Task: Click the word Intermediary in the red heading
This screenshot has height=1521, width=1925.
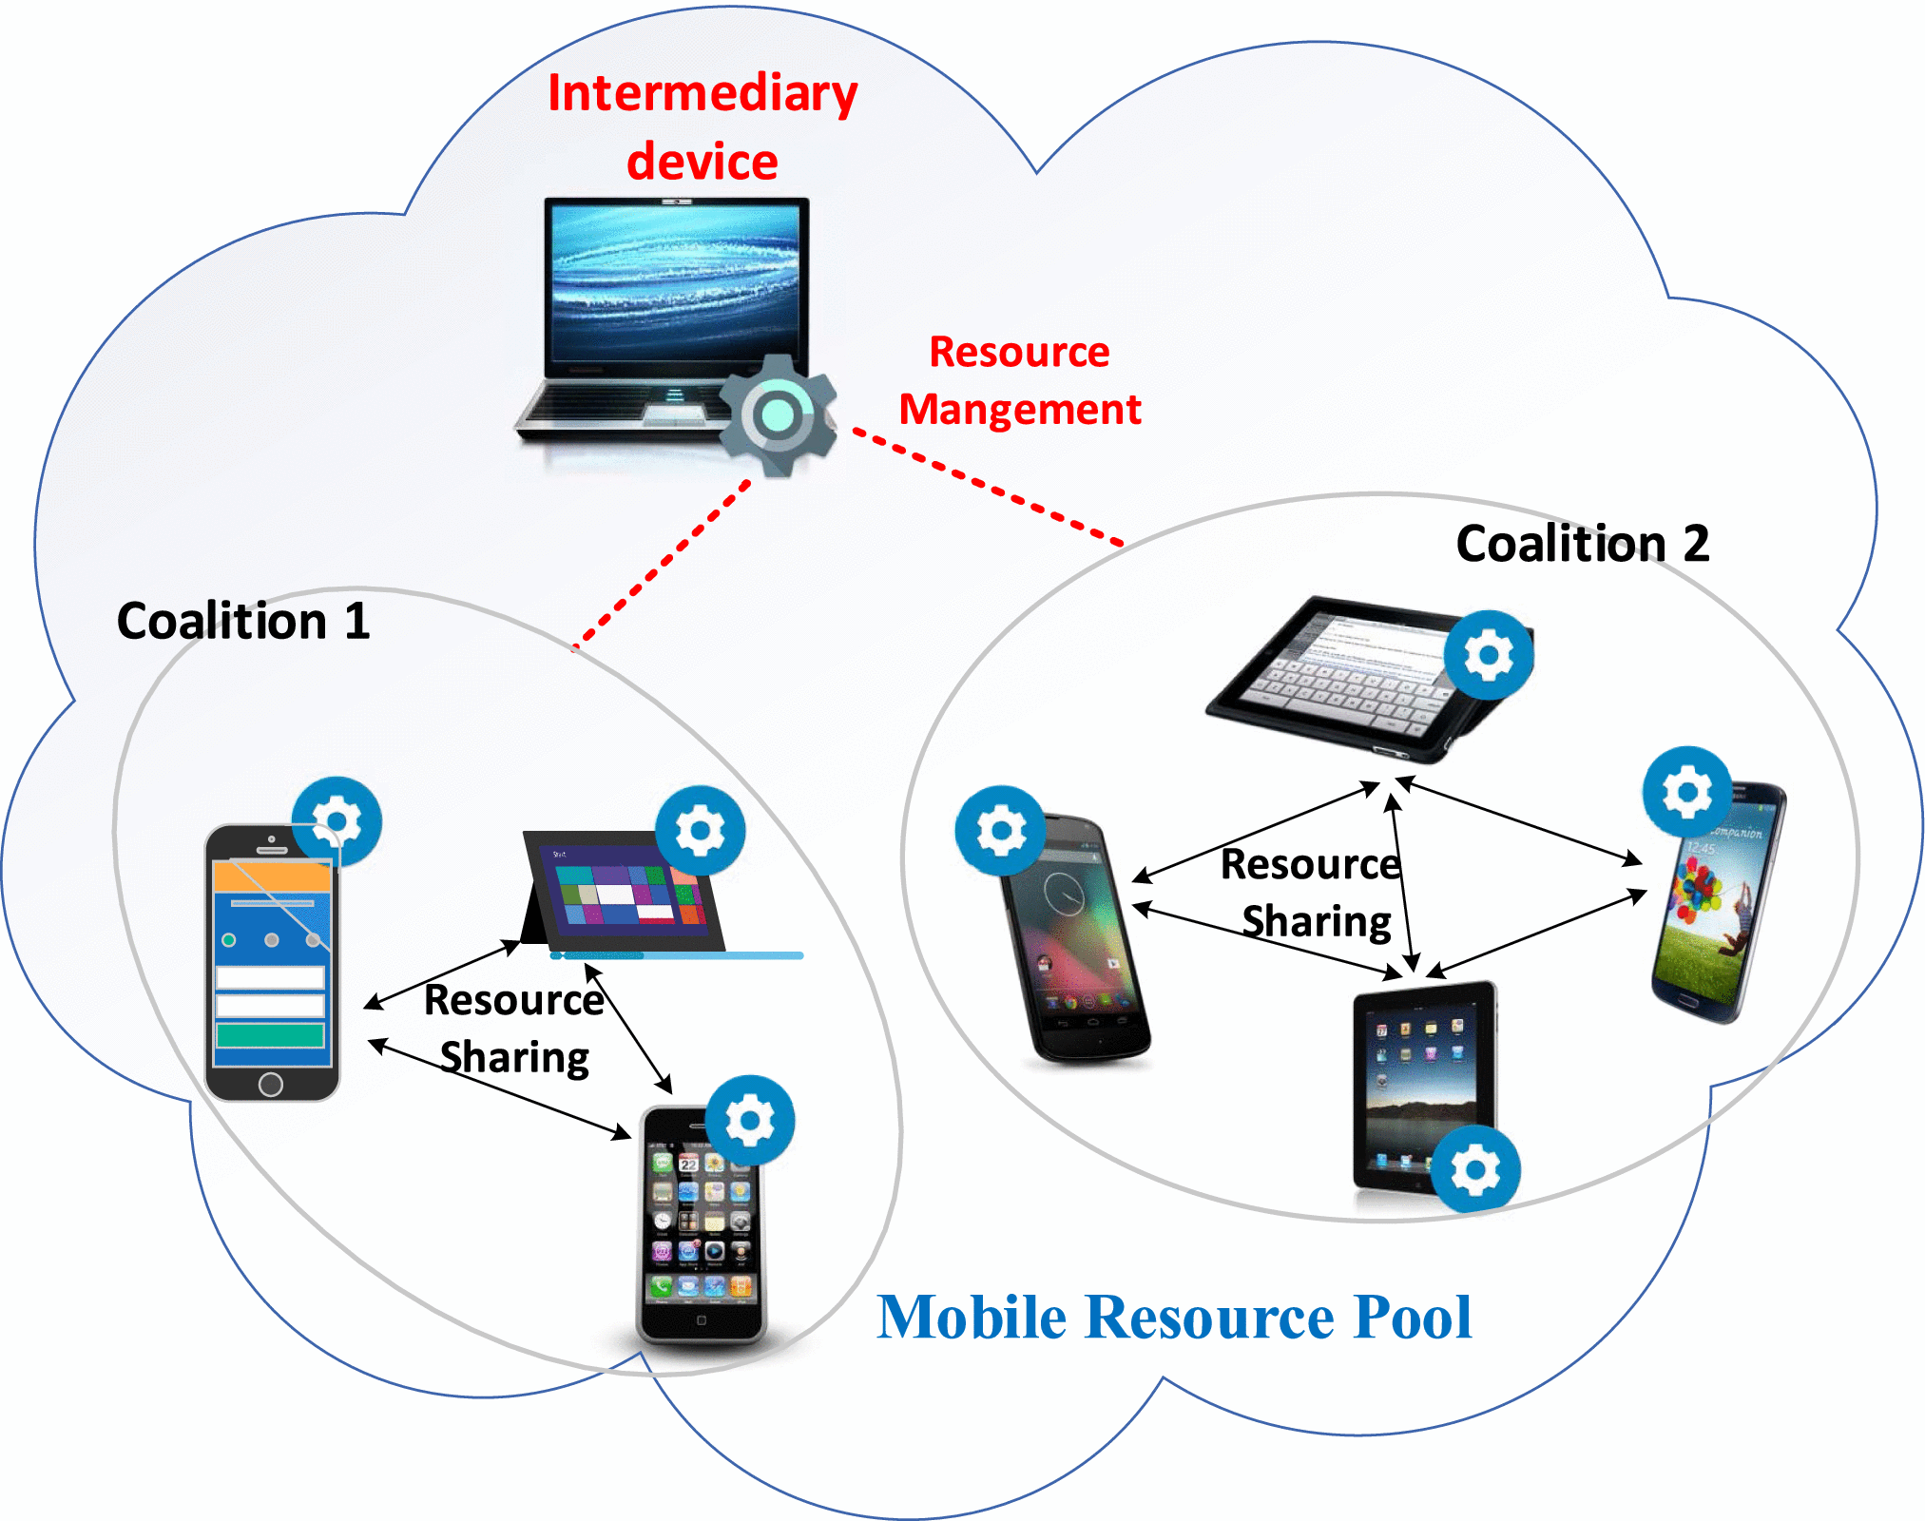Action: (702, 95)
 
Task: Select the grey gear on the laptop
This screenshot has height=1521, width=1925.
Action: (778, 415)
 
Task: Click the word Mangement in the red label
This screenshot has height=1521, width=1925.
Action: (1019, 410)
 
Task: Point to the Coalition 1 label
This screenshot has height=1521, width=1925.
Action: (243, 622)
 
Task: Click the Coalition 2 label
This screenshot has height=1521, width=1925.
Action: (1582, 544)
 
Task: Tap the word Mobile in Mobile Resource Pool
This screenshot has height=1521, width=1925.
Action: (971, 1318)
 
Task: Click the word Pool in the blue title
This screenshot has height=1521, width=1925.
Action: (1413, 1318)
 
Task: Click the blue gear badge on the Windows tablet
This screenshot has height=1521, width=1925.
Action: (700, 831)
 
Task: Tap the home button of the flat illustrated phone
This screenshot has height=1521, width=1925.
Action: (271, 1084)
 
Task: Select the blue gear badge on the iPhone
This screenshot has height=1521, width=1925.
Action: (750, 1121)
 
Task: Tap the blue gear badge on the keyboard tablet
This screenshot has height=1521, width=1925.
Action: (1488, 655)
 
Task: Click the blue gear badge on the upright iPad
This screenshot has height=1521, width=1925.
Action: (1474, 1169)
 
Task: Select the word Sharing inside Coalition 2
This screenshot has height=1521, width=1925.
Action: (1317, 922)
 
